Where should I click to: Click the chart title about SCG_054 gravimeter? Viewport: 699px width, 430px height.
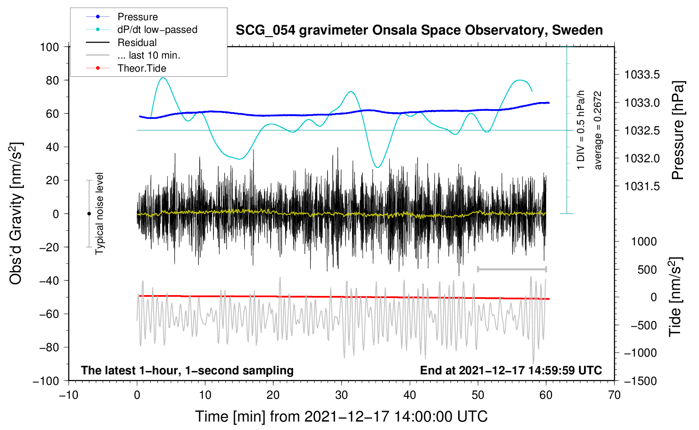(x=419, y=30)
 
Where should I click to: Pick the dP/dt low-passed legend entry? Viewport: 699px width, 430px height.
(x=157, y=30)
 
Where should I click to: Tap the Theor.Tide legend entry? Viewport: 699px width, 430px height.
(x=141, y=68)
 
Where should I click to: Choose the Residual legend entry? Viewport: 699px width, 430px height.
(x=137, y=43)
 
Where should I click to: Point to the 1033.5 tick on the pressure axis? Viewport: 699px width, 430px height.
(x=642, y=75)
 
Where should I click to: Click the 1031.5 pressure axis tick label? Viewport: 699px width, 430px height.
(x=642, y=186)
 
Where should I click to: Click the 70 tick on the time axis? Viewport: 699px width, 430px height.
(x=614, y=395)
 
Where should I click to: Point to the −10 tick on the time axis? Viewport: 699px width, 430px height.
(x=69, y=395)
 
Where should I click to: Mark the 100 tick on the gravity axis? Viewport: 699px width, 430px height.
(x=49, y=47)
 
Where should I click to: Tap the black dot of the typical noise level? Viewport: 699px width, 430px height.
(x=89, y=214)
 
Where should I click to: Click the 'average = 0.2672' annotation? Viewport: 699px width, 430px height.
(x=598, y=130)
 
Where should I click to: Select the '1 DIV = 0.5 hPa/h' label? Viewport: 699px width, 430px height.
(x=581, y=130)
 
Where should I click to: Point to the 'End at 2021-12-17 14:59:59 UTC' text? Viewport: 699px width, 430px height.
(x=511, y=371)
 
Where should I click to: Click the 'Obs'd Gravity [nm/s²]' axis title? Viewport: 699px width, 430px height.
(x=16, y=214)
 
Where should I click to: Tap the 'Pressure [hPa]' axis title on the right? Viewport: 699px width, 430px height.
(x=678, y=130)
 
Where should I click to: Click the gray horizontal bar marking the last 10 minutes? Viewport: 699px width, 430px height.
(x=512, y=269)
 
